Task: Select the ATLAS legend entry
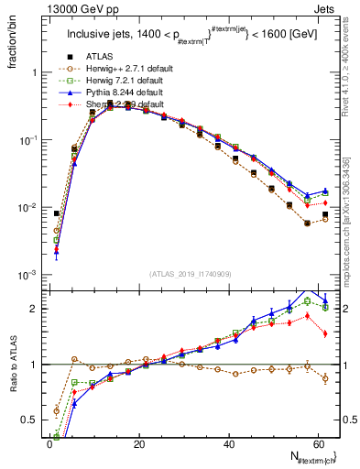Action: pos(99,57)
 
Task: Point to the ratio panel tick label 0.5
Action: pos(27,421)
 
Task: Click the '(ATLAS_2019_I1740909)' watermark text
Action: pos(190,273)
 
